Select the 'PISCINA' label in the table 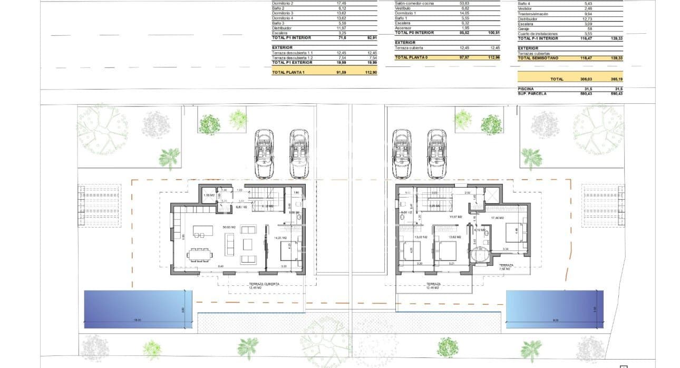click(x=526, y=89)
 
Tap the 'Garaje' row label click(x=523, y=28)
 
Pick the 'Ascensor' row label click(x=403, y=27)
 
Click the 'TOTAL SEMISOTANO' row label click(x=538, y=58)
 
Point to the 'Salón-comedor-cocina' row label click(x=415, y=4)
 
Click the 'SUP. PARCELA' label click(x=531, y=93)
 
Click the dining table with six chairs click(x=201, y=255)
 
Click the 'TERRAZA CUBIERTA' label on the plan click(x=264, y=284)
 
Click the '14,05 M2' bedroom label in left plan click(x=279, y=238)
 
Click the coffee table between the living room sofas click(x=246, y=244)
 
